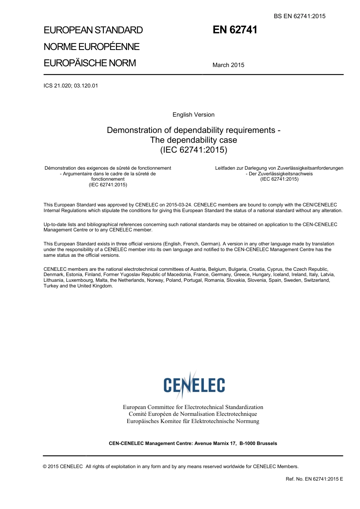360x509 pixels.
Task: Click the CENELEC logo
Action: (194, 385)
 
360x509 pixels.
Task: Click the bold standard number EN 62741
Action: (235, 30)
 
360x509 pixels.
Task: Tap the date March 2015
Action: (228, 65)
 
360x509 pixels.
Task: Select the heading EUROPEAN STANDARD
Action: (93, 30)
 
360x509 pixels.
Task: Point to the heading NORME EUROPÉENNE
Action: (91, 47)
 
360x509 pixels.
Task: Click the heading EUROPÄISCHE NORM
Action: (89, 63)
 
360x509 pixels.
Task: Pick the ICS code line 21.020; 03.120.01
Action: (70, 86)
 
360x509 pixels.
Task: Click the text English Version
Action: (193, 115)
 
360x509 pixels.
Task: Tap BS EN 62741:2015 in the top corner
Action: (299, 16)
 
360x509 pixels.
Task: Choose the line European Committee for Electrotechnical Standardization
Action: (193, 407)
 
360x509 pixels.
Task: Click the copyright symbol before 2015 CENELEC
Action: (45, 467)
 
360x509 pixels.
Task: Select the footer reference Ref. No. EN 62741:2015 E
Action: (314, 479)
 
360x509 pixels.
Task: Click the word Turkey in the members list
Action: (50, 286)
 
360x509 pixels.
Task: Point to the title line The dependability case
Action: (193, 140)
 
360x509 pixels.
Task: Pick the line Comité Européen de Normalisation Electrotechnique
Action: (193, 414)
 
